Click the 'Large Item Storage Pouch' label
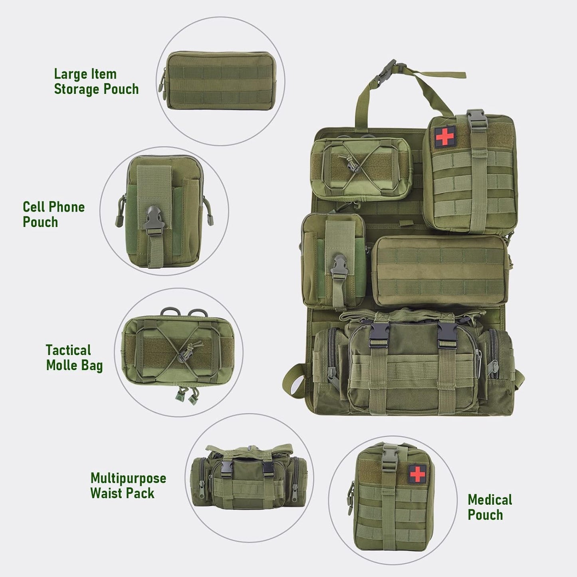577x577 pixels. (x=96, y=81)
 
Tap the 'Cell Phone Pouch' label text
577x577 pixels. (x=54, y=214)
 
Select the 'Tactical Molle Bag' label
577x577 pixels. (x=74, y=358)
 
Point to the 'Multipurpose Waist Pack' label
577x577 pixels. (x=128, y=486)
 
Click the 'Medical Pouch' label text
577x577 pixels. (x=490, y=507)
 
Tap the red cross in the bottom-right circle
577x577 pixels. (x=418, y=473)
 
